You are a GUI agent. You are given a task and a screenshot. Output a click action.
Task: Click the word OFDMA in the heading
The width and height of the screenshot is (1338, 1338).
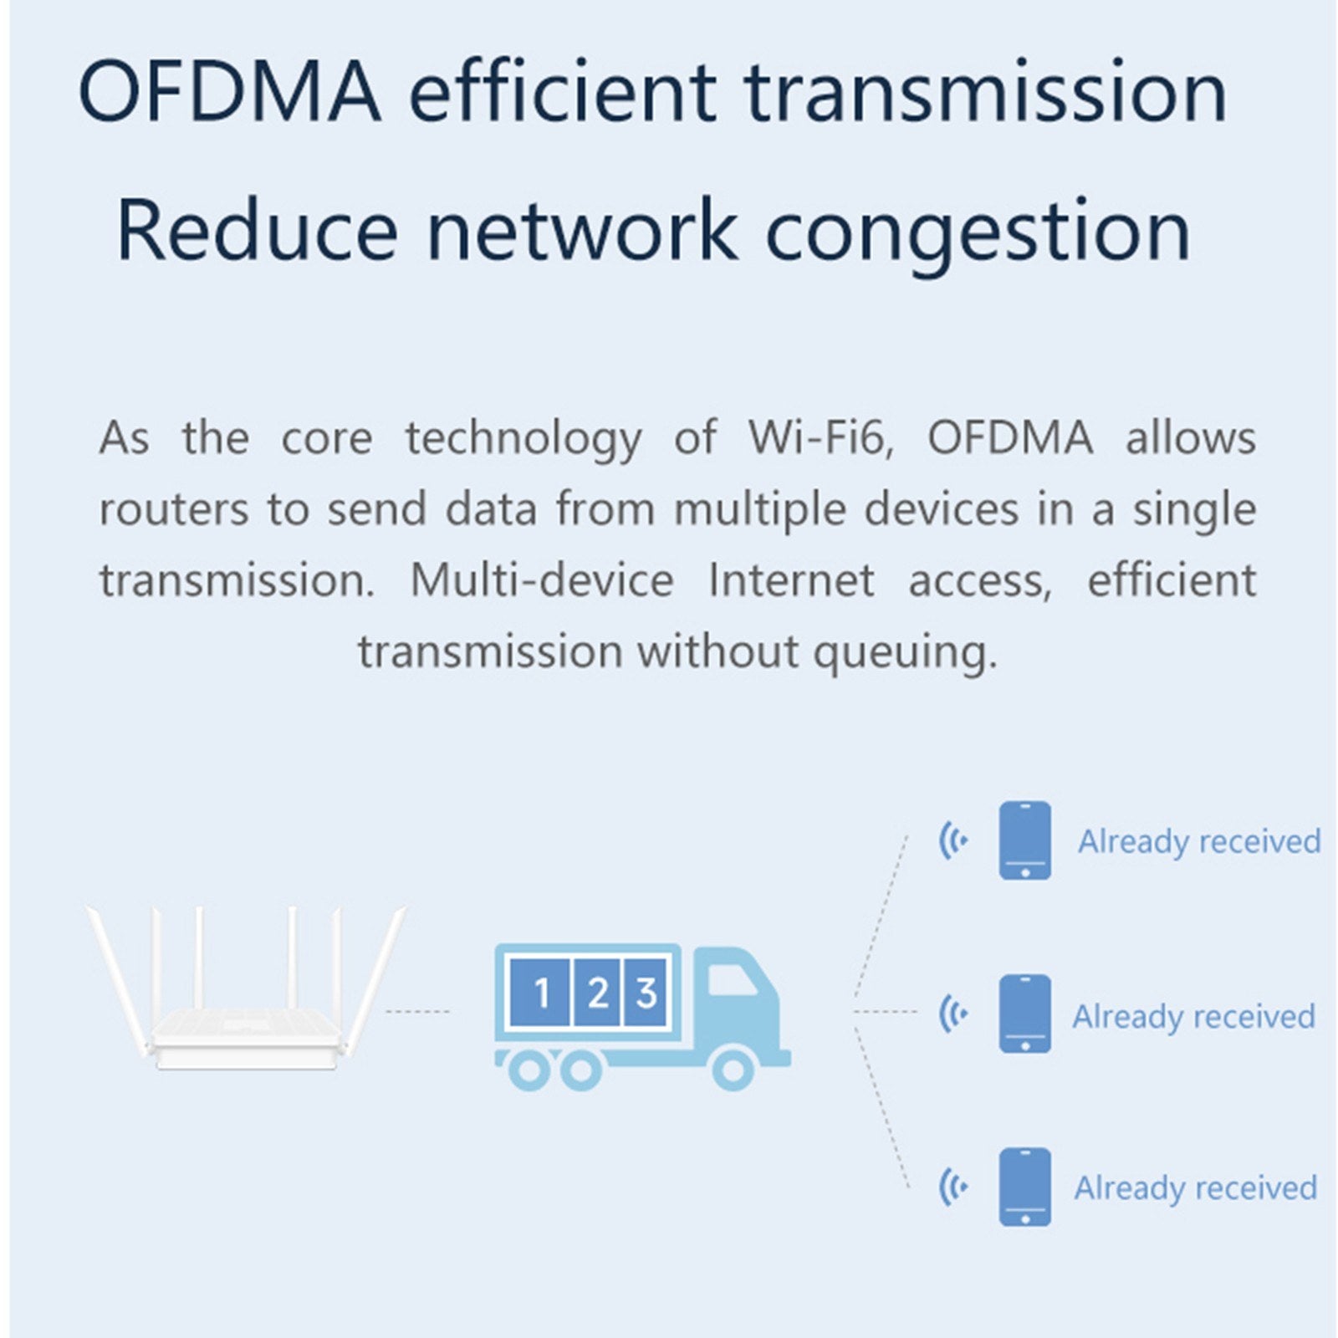229,92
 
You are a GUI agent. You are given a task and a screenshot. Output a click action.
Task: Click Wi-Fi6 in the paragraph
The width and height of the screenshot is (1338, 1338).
820,437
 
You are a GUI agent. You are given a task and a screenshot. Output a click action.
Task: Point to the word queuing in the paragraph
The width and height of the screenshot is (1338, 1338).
906,653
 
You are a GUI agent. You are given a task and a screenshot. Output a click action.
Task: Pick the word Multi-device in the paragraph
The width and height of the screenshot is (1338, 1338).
542,580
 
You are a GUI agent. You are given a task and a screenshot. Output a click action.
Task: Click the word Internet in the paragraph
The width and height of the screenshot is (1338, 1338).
791,580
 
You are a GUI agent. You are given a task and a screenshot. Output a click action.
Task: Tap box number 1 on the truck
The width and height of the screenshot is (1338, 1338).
541,993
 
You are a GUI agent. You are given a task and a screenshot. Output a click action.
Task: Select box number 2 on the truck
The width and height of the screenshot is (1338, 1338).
597,993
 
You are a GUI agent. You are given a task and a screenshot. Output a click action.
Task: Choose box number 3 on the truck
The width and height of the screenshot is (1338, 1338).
646,993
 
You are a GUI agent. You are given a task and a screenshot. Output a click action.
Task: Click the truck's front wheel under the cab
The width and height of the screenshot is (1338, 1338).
733,1069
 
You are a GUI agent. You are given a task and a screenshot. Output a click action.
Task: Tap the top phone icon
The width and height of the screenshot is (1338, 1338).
1025,840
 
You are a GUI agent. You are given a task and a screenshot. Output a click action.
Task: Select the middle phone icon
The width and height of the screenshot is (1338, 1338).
1025,1014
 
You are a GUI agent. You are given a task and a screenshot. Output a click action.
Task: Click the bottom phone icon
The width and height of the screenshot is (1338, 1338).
1025,1187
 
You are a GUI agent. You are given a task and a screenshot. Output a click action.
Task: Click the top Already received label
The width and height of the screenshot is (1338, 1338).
1199,841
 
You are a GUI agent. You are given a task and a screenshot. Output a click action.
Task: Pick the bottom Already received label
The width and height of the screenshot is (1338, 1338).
1196,1188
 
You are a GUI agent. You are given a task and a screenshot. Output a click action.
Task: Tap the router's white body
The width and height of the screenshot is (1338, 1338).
247,1037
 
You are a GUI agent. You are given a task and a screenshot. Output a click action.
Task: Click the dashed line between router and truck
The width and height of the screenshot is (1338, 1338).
417,1011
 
